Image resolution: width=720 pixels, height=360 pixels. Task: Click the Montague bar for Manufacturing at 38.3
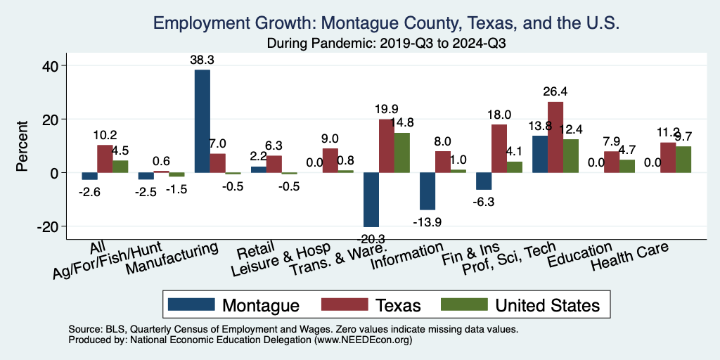(202, 121)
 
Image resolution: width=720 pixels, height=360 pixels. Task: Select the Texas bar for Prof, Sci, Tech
(555, 137)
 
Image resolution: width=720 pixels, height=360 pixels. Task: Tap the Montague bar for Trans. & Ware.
(371, 199)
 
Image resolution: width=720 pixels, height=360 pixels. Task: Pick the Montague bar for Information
(427, 191)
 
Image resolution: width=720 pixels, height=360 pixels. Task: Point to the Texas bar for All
(105, 159)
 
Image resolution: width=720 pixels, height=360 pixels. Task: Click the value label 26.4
(555, 91)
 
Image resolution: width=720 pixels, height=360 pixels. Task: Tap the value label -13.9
(427, 221)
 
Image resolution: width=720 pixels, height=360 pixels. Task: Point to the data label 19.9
(387, 108)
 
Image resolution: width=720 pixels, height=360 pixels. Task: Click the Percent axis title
(22, 146)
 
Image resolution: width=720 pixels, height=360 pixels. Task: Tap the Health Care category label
(629, 257)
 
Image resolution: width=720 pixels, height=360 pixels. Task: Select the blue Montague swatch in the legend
(191, 304)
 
